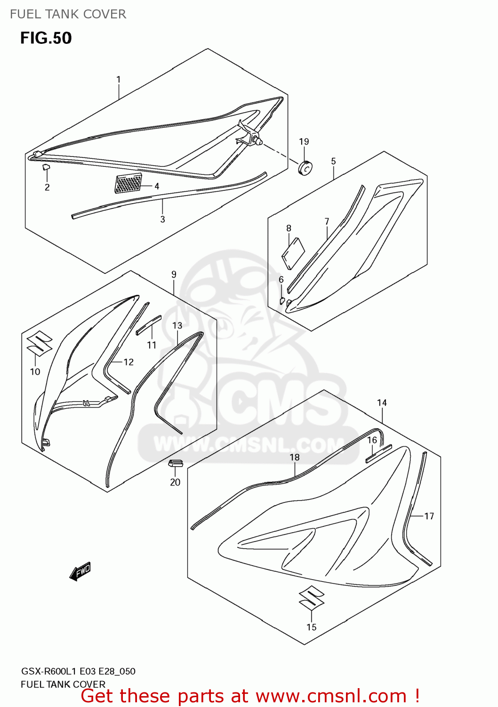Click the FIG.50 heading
coord(46,38)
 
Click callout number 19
coord(304,141)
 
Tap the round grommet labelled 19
coord(306,167)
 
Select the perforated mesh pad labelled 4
coord(128,183)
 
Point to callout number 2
coord(47,187)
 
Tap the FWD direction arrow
coord(80,571)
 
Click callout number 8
coord(289,228)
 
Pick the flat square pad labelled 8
coord(293,254)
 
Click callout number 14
coord(382,403)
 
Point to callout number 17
coord(429,516)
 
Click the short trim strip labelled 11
coord(148,325)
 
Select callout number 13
coord(177,325)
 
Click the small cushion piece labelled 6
coord(282,300)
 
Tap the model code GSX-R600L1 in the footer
coord(49,671)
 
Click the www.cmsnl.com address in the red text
coord(331,696)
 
